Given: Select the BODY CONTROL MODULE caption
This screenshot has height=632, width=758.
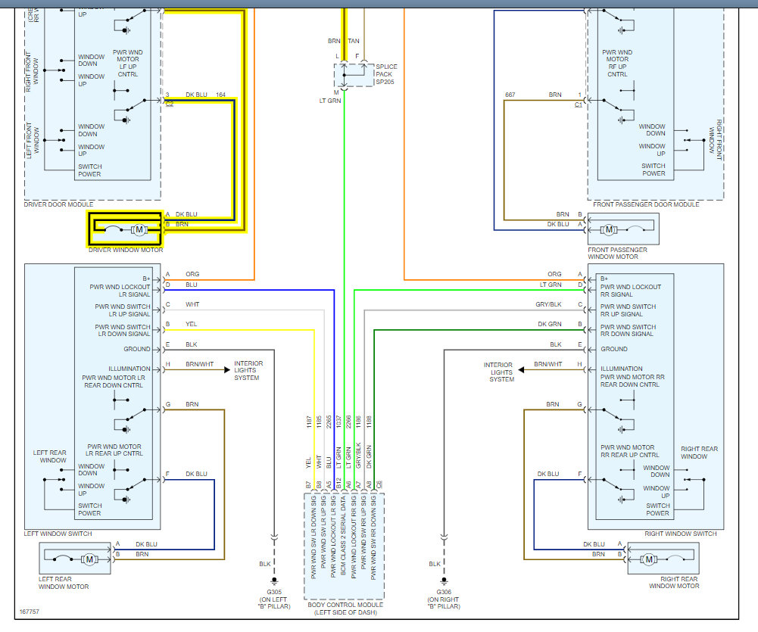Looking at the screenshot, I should (x=345, y=605).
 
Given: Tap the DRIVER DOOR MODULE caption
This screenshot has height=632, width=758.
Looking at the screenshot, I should (x=59, y=204).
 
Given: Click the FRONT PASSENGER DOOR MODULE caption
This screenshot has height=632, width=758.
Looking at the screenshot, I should (x=647, y=204).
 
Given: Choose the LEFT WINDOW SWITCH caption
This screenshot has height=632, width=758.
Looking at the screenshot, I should (x=58, y=534).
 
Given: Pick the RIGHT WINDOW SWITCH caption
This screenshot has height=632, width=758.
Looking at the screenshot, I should (x=680, y=534).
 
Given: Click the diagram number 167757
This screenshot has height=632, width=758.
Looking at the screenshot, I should (x=30, y=611).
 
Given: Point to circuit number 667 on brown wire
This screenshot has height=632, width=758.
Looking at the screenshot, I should (x=510, y=95).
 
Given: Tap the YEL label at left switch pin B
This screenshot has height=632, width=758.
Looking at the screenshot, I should (x=192, y=324).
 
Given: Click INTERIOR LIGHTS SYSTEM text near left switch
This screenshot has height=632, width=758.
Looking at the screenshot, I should (x=248, y=370).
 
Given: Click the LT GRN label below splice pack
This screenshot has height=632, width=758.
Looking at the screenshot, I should (x=330, y=101).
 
